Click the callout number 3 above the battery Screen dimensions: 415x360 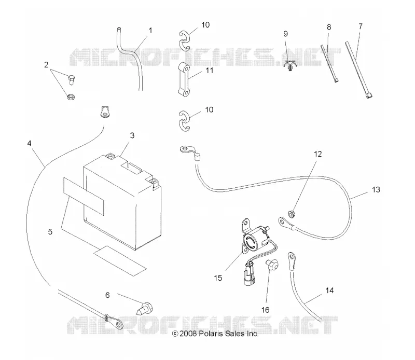click(x=132, y=135)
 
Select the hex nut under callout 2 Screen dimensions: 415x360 click(x=71, y=96)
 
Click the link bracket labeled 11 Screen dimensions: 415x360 click(x=184, y=79)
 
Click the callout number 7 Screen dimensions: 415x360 click(x=361, y=26)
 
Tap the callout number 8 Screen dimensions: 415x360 click(x=329, y=27)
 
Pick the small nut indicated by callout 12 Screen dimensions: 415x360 click(x=292, y=214)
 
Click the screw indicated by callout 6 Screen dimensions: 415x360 click(x=145, y=308)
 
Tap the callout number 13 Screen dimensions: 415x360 click(x=376, y=189)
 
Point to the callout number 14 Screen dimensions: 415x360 click(x=329, y=290)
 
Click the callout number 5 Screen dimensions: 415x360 click(x=50, y=232)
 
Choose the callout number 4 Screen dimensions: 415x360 click(x=29, y=143)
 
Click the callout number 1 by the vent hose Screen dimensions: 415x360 click(x=150, y=31)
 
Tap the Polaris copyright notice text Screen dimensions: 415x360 click(x=215, y=334)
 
